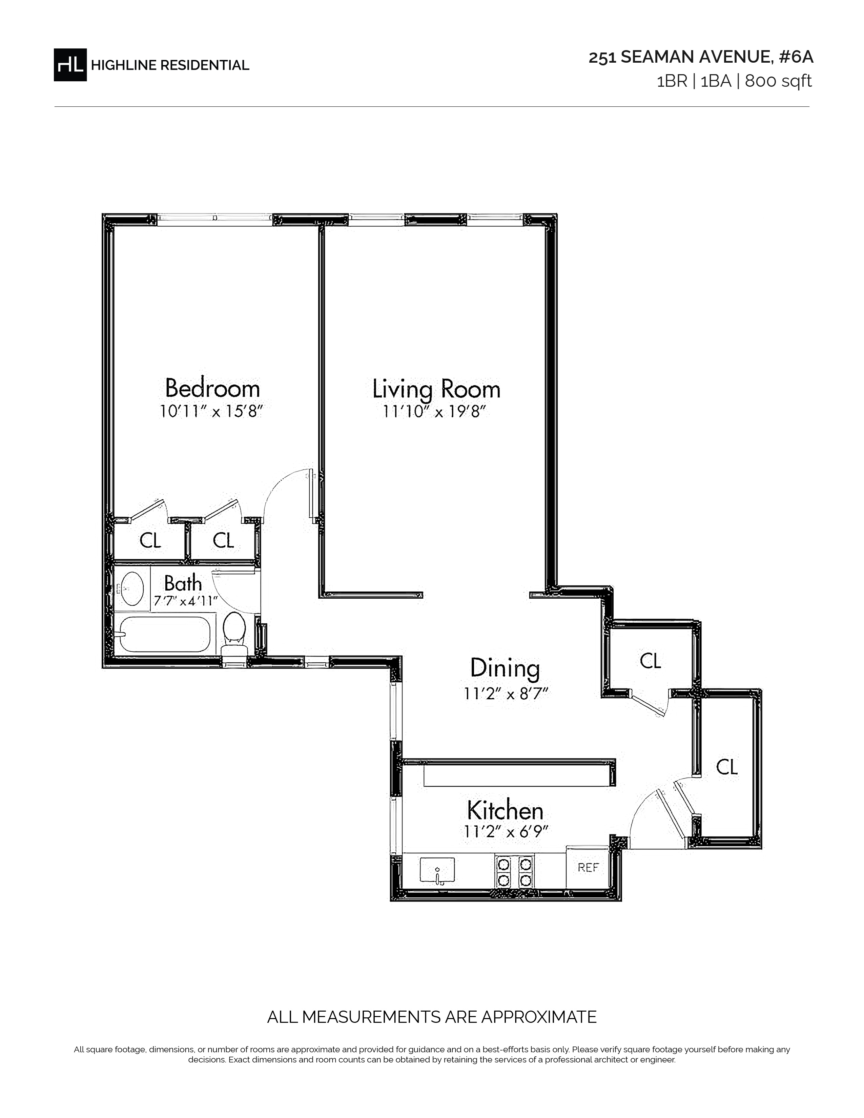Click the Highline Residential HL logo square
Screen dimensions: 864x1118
tap(70, 64)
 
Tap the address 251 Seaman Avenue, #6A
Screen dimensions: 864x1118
tap(701, 57)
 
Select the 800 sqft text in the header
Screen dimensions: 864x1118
tap(779, 81)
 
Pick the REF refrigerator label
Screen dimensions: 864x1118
tap(588, 867)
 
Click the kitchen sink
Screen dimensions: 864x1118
tap(437, 870)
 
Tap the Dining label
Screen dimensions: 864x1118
tap(505, 668)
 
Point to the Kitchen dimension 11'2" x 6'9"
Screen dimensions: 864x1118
tap(506, 832)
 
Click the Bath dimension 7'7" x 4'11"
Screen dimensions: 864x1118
tap(186, 600)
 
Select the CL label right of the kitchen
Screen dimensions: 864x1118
tap(727, 767)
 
